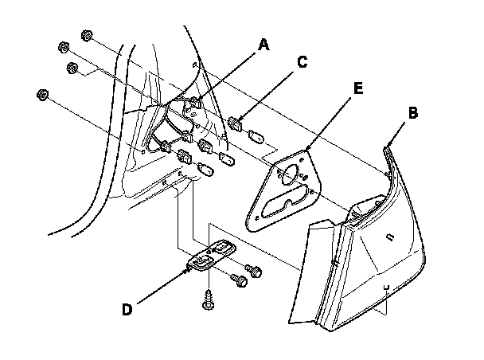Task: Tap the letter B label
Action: [413, 113]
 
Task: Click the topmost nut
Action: [86, 37]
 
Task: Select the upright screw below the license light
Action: [208, 300]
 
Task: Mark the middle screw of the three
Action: [236, 280]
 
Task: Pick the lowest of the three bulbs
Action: [204, 170]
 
